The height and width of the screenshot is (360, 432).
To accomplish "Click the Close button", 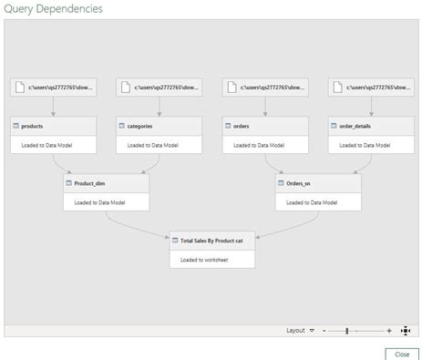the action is pos(402,353).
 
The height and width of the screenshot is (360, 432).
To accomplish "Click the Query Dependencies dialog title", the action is pos(52,9).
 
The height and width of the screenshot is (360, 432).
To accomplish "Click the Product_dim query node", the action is pos(106,182).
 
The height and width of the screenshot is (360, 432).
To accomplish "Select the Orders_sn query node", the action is pos(317,182).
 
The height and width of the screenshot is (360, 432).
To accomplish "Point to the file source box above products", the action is pos(53,87).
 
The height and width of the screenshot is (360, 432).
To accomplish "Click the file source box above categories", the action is pos(159,87).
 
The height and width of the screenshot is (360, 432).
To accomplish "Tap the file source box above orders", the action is pos(264,87).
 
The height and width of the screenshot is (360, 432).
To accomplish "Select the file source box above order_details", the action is pos(370,87).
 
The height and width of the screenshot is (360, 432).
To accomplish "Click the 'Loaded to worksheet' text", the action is pos(203,259).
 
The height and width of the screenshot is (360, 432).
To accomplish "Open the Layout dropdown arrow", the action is pos(313,331).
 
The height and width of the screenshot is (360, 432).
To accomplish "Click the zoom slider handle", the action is pos(347,331).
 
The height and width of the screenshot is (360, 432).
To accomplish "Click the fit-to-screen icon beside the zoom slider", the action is pos(406,331).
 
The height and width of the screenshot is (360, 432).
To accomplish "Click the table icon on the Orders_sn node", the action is pos(281,182).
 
